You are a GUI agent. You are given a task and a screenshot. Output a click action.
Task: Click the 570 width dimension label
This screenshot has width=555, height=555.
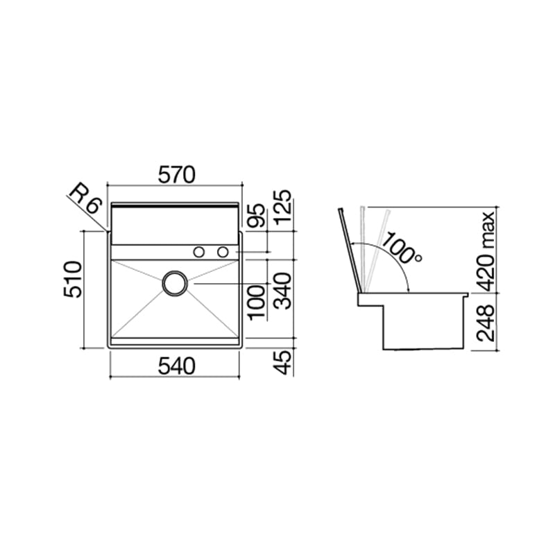(176, 175)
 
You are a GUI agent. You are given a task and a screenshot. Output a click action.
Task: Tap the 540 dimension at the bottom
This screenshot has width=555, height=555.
(176, 366)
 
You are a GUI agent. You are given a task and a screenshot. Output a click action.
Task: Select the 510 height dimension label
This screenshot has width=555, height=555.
(73, 280)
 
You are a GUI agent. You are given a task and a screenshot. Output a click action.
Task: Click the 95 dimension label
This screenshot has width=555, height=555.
(255, 215)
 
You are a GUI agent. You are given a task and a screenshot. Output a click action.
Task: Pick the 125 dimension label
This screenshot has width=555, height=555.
(283, 207)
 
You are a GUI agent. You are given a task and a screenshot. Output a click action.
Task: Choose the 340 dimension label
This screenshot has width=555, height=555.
(283, 291)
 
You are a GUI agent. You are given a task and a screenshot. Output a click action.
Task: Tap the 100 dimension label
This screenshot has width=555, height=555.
(256, 302)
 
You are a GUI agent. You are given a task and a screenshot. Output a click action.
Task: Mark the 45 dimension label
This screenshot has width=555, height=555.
(283, 362)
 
